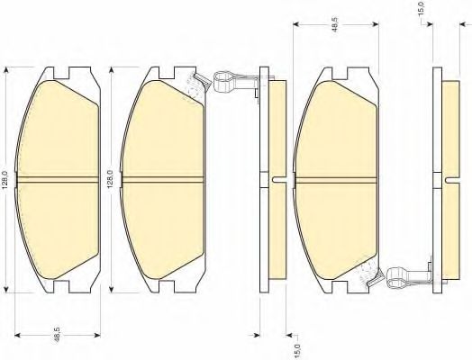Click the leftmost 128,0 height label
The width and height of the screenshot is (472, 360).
click(5, 179)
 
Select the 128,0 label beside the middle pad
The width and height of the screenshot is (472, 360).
click(110, 179)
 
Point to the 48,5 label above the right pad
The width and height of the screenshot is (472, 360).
click(336, 23)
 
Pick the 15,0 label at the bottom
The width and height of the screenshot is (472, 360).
click(297, 350)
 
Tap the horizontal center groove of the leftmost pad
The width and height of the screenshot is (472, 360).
click(58, 179)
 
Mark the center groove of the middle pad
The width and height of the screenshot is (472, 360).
click(163, 179)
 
